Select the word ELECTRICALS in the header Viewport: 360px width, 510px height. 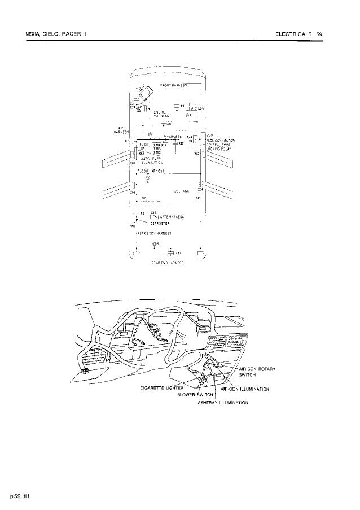pos(293,34)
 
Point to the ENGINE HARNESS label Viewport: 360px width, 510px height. pos(161,114)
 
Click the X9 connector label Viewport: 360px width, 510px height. pos(183,106)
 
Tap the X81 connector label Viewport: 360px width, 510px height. pos(178,253)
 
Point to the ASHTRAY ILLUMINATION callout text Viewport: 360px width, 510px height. pos(223,403)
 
